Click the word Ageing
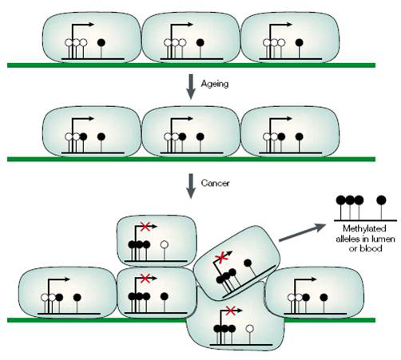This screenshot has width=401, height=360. pyautogui.click(x=215, y=84)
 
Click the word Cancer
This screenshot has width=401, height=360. pyautogui.click(x=215, y=183)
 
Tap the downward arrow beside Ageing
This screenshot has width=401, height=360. pyautogui.click(x=191, y=87)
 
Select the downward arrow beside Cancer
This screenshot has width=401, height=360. pyautogui.click(x=191, y=186)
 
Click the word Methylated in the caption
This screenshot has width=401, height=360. pyautogui.click(x=364, y=228)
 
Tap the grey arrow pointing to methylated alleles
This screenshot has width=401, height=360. pyautogui.click(x=302, y=232)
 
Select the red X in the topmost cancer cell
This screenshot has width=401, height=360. pyautogui.click(x=145, y=227)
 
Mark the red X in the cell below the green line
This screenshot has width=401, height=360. pyautogui.click(x=231, y=311)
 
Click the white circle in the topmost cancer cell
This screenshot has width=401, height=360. pyautogui.click(x=165, y=244)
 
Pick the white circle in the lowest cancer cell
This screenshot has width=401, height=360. pyautogui.click(x=249, y=329)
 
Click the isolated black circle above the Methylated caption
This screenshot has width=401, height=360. pyautogui.click(x=381, y=200)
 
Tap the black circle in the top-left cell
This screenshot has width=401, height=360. pyautogui.click(x=101, y=42)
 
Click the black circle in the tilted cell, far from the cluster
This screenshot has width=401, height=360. pyautogui.click(x=248, y=263)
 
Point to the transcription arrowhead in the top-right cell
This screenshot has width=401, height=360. pyautogui.click(x=289, y=25)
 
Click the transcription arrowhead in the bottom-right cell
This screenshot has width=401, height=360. pyautogui.click(x=314, y=279)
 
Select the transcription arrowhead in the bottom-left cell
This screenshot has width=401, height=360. pyautogui.click(x=67, y=279)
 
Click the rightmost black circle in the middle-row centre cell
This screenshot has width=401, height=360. pyautogui.click(x=200, y=136)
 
